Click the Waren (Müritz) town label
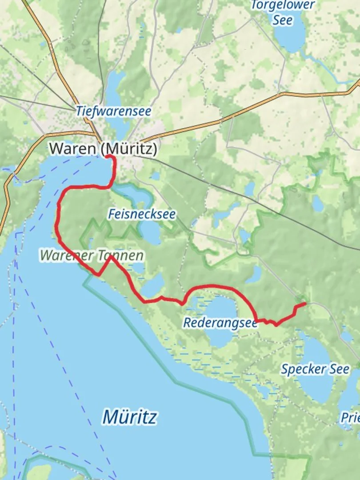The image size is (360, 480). (103, 148)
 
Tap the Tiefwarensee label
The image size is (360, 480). (113, 111)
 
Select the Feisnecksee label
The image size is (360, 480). (142, 214)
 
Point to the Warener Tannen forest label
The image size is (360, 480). (92, 256)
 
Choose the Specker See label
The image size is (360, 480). (315, 369)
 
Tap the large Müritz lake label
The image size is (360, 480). (129, 417)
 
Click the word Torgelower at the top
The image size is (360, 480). (283, 5)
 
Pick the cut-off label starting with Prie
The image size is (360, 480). (350, 418)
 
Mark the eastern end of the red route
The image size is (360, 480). (305, 304)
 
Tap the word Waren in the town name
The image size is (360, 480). (72, 148)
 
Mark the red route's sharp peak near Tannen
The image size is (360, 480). (109, 256)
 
